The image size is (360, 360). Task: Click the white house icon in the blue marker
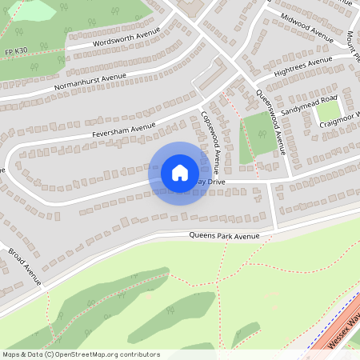[x=180, y=173]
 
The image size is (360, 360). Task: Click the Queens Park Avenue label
[x=225, y=236]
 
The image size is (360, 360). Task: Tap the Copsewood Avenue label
[x=210, y=142]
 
